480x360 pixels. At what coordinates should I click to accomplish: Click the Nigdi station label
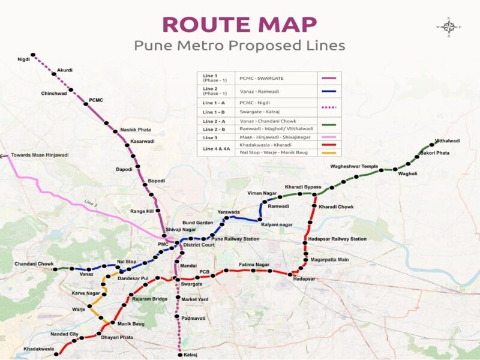coord(24,59)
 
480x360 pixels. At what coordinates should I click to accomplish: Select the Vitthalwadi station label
coord(447,140)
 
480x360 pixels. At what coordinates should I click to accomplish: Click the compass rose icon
coord(448,27)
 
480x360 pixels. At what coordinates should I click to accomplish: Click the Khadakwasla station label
coord(38,349)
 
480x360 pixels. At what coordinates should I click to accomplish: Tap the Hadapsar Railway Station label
coord(337,239)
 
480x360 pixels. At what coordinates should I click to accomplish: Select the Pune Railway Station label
coord(235,239)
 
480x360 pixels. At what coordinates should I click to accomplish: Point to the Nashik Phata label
coord(136,130)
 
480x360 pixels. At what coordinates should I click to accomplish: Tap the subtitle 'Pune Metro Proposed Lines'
coord(239,46)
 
